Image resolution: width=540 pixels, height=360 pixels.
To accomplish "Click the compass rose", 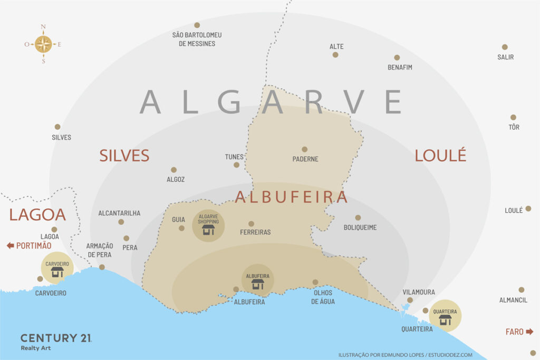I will point(43,44).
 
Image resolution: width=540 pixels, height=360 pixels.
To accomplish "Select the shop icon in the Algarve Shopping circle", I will point(208,230).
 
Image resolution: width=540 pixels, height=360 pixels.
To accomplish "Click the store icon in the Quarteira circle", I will point(445,320).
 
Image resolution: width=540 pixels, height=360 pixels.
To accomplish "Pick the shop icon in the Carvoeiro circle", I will point(57,272).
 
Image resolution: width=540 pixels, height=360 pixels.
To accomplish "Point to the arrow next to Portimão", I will point(10,246).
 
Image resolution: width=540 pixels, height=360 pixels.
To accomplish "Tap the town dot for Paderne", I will point(304,149).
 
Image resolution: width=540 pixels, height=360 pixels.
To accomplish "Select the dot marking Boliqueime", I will point(358,217).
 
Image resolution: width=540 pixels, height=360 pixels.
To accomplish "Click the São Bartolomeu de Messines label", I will point(197,39).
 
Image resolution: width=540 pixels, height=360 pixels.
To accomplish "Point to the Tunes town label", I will point(234,157).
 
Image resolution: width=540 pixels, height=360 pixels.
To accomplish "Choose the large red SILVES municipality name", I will point(124,155).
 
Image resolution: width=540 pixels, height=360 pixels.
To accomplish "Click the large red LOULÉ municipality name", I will point(440,155).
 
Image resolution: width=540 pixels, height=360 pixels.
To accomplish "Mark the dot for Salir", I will point(505,47).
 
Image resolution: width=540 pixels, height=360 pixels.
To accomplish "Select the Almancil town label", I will point(513,300).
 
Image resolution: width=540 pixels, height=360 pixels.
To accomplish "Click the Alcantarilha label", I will point(119,213).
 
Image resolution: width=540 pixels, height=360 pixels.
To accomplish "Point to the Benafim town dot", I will point(397,57).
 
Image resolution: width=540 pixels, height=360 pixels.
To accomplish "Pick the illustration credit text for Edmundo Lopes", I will point(405,355).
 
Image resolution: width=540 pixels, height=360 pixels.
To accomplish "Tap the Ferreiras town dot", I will point(251,223).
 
